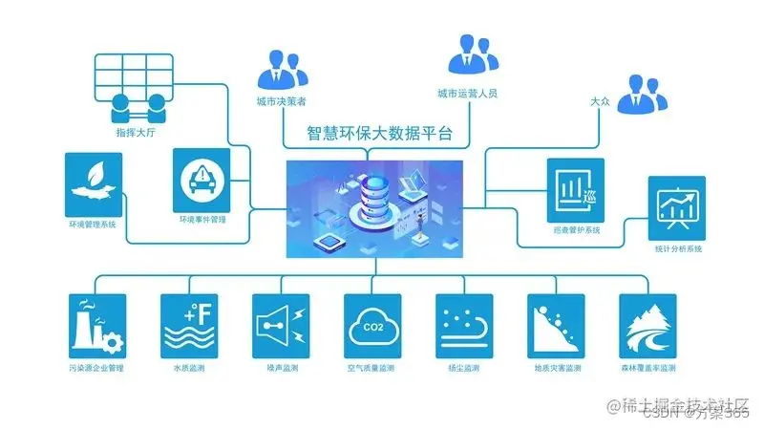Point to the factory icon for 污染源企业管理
pyautogui.click(x=97, y=325)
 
